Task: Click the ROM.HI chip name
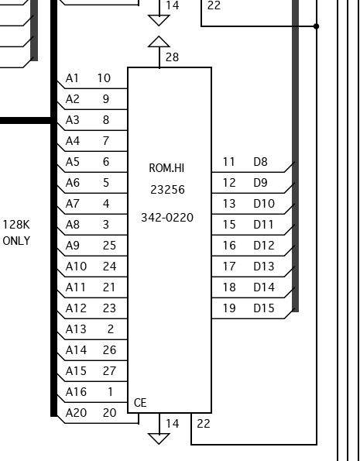[166, 168]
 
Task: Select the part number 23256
[167, 190]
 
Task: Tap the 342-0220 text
[167, 218]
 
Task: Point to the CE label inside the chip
[140, 403]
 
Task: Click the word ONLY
[16, 241]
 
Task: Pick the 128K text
[16, 225]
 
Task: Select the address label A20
[76, 413]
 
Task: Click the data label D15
[264, 308]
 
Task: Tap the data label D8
[260, 162]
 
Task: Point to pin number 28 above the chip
[172, 57]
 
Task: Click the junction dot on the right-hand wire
[316, 26]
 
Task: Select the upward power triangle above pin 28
[159, 42]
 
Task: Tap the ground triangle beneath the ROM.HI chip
[159, 439]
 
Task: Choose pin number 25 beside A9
[109, 246]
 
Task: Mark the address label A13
[76, 329]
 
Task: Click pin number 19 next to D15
[229, 308]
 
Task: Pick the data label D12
[264, 246]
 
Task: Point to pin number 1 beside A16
[111, 392]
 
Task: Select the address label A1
[72, 78]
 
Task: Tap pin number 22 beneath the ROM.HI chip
[204, 424]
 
